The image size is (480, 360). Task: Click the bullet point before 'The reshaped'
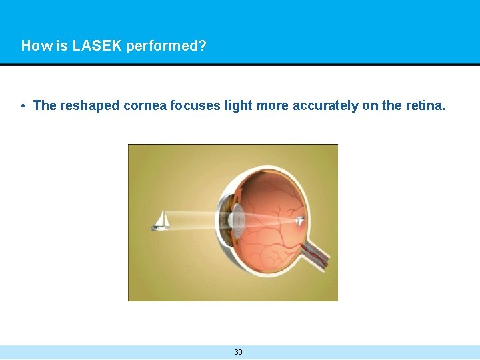click(23, 106)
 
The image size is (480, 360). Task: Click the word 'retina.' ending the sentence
click(425, 105)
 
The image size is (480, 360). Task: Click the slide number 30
click(239, 352)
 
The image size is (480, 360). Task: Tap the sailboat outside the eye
click(161, 221)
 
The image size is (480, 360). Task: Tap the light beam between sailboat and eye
click(193, 220)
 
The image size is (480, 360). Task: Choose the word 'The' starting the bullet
click(44, 105)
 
